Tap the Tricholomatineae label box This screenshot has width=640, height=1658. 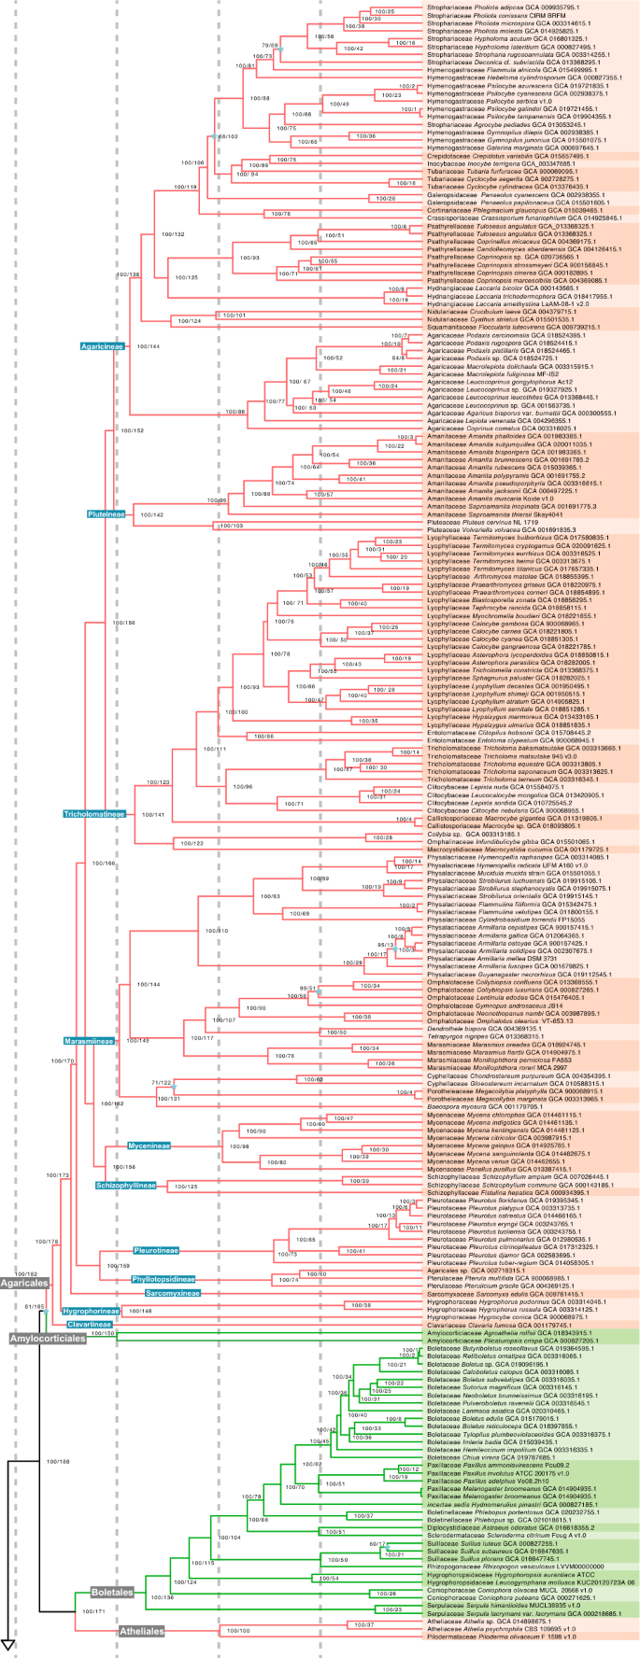coord(94,814)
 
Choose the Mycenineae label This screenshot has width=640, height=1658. coord(151,1145)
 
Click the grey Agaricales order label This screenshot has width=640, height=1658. coord(22,1310)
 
